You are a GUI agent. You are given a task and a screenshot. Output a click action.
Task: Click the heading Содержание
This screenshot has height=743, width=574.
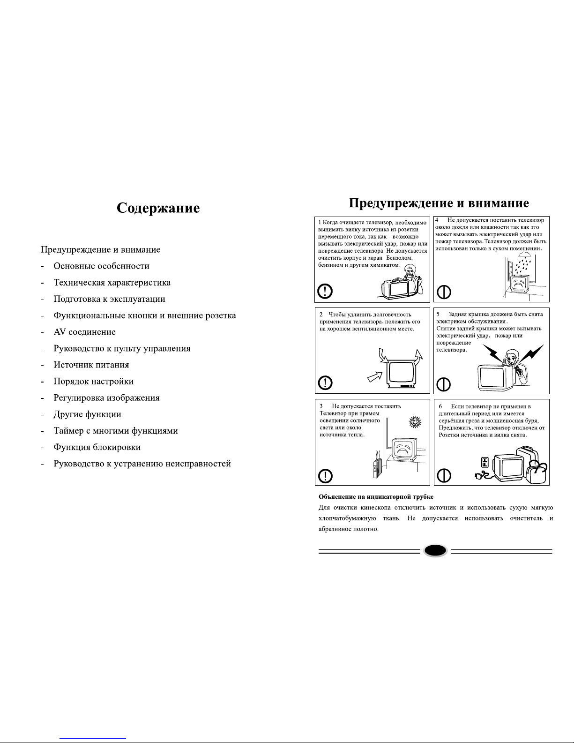pyautogui.click(x=158, y=208)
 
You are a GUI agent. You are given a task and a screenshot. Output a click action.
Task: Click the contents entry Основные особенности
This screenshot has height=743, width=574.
pyautogui.click(x=101, y=266)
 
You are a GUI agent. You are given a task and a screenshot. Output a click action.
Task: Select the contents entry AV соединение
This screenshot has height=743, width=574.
pyautogui.click(x=84, y=332)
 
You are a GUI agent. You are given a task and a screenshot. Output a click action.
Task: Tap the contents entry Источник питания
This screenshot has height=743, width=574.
pyautogui.click(x=91, y=365)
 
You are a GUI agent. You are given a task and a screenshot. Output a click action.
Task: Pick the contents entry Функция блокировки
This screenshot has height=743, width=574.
pyautogui.click(x=97, y=447)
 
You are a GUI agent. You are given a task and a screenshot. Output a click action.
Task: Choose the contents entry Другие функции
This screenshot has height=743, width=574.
pyautogui.click(x=87, y=414)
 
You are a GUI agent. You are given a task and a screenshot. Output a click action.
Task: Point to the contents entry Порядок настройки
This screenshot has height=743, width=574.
pyautogui.click(x=93, y=382)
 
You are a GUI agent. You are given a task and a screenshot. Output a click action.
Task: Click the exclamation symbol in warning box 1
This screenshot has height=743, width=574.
pyautogui.click(x=325, y=292)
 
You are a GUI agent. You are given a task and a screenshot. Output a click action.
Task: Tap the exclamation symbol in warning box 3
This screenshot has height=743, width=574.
pyautogui.click(x=325, y=476)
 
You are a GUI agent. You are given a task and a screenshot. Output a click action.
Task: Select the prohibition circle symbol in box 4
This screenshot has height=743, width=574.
pyautogui.click(x=444, y=292)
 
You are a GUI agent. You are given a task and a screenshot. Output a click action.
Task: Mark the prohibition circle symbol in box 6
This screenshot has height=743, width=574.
pyautogui.click(x=444, y=476)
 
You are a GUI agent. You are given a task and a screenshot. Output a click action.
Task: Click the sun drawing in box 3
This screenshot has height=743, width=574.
pyautogui.click(x=414, y=421)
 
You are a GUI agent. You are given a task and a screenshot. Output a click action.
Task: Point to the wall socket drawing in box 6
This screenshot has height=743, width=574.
pyautogui.click(x=485, y=462)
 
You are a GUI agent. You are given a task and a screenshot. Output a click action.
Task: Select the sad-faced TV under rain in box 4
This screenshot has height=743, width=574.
pyautogui.click(x=519, y=284)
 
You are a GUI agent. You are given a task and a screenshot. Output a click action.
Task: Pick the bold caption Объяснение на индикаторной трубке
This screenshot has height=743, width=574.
pyautogui.click(x=376, y=496)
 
